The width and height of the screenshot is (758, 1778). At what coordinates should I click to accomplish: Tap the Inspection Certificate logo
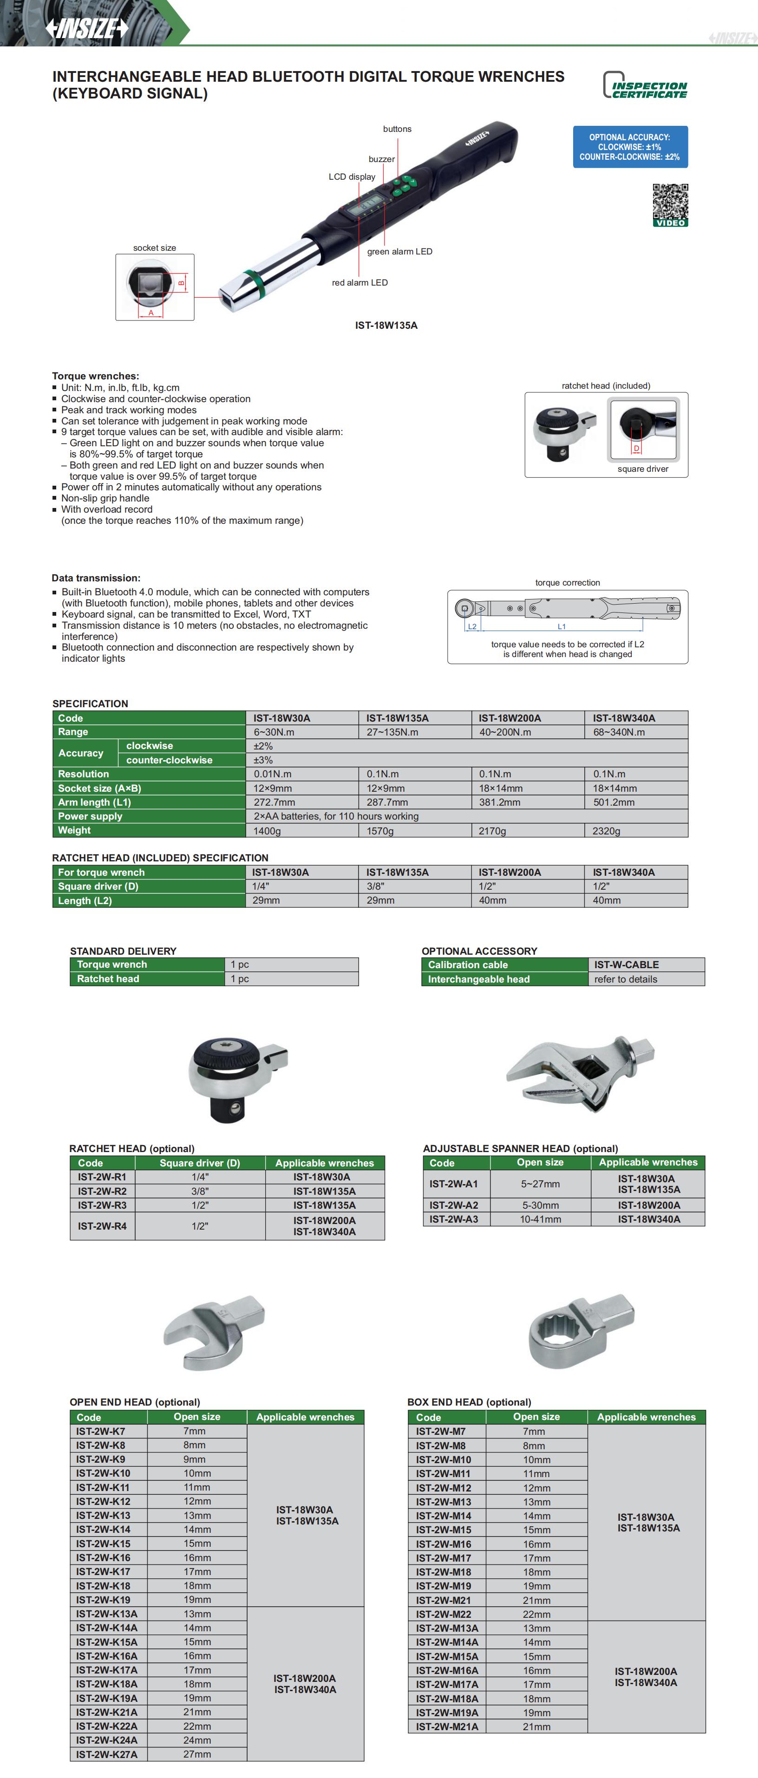pyautogui.click(x=646, y=85)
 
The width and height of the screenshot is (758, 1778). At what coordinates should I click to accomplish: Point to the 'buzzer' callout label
pyautogui.click(x=381, y=159)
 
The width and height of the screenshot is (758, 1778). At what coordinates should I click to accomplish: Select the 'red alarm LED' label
pyautogui.click(x=359, y=282)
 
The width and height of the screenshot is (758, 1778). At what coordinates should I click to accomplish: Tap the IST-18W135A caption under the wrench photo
pyautogui.click(x=386, y=325)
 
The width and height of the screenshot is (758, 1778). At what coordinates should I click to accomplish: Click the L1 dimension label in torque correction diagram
pyautogui.click(x=561, y=627)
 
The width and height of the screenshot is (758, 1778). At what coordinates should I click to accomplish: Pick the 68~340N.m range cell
pyautogui.click(x=619, y=732)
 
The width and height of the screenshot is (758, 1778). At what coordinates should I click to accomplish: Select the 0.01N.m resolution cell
pyautogui.click(x=273, y=774)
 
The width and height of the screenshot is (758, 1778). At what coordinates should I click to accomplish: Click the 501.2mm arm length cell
pyautogui.click(x=614, y=802)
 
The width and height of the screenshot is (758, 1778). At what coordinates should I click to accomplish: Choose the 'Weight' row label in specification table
pyautogui.click(x=75, y=830)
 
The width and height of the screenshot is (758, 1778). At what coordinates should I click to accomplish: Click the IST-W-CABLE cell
pyautogui.click(x=626, y=964)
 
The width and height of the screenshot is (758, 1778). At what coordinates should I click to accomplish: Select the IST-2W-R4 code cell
pyautogui.click(x=102, y=1226)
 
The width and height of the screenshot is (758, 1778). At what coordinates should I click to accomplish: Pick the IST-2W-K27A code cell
pyautogui.click(x=107, y=1754)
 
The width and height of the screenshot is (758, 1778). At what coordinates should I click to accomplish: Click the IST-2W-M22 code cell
pyautogui.click(x=443, y=1614)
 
